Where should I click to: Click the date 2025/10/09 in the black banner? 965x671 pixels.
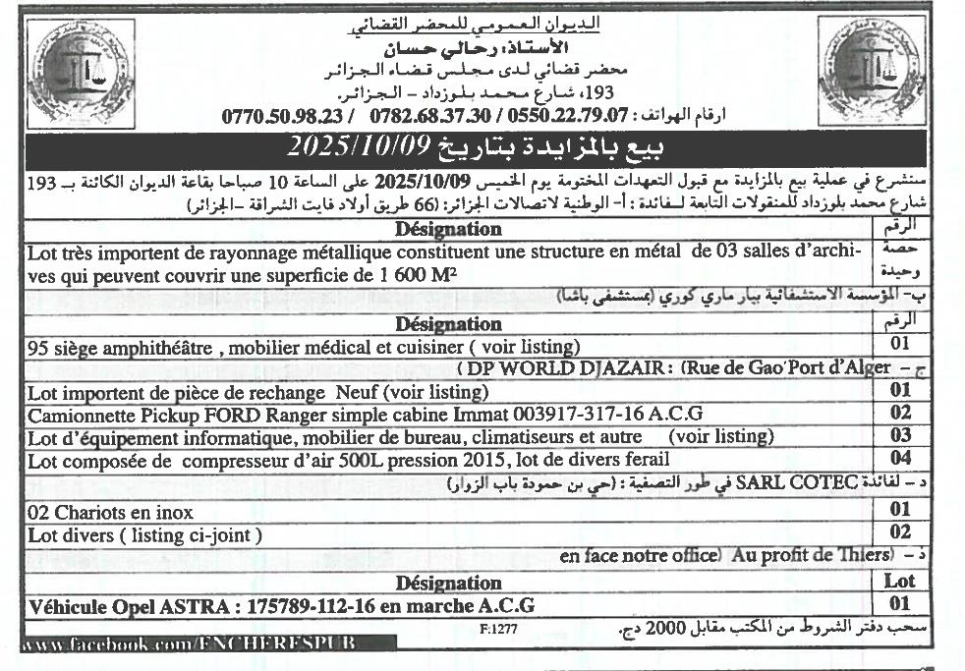point(359,147)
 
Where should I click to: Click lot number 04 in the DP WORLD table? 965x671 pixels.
point(900,458)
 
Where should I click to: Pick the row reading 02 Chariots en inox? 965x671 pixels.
point(110,512)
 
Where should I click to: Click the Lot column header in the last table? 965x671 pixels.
point(900,582)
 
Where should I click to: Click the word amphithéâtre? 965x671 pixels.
point(151,346)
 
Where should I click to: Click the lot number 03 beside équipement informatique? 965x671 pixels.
point(900,435)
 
